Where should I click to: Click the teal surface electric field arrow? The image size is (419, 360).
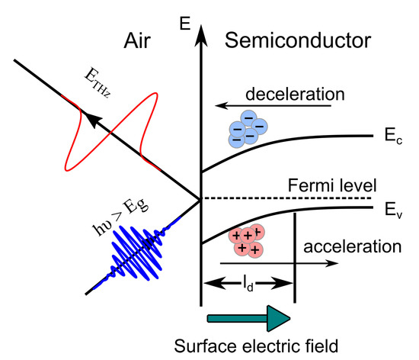(247, 317)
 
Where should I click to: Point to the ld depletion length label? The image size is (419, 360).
(247, 284)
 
